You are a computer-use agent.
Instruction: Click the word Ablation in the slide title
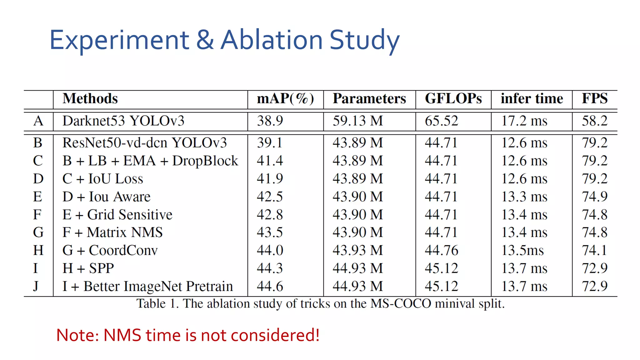click(x=271, y=40)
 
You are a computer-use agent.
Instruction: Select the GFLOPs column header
click(x=453, y=99)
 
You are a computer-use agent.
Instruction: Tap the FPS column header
click(x=594, y=99)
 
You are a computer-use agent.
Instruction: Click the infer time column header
click(x=532, y=99)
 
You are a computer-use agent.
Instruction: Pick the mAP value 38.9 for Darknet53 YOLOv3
click(x=270, y=121)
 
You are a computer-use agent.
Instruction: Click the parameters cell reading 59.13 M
click(x=357, y=121)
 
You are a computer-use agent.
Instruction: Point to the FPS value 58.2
click(x=594, y=121)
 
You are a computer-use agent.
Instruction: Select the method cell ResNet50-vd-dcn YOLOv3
click(x=144, y=143)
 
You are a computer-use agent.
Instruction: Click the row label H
click(x=38, y=250)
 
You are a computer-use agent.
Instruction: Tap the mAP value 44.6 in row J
click(x=270, y=286)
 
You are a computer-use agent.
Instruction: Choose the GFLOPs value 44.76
click(x=441, y=250)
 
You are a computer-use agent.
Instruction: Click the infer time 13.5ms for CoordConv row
click(x=522, y=250)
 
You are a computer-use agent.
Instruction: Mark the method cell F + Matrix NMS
click(x=112, y=232)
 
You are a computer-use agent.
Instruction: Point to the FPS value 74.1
click(x=594, y=250)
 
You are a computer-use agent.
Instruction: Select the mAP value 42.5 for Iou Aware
click(x=270, y=197)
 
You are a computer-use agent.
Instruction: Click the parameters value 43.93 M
click(x=357, y=250)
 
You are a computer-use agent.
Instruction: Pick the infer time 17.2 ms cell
click(x=524, y=121)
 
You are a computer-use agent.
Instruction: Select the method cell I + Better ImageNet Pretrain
click(x=147, y=286)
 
